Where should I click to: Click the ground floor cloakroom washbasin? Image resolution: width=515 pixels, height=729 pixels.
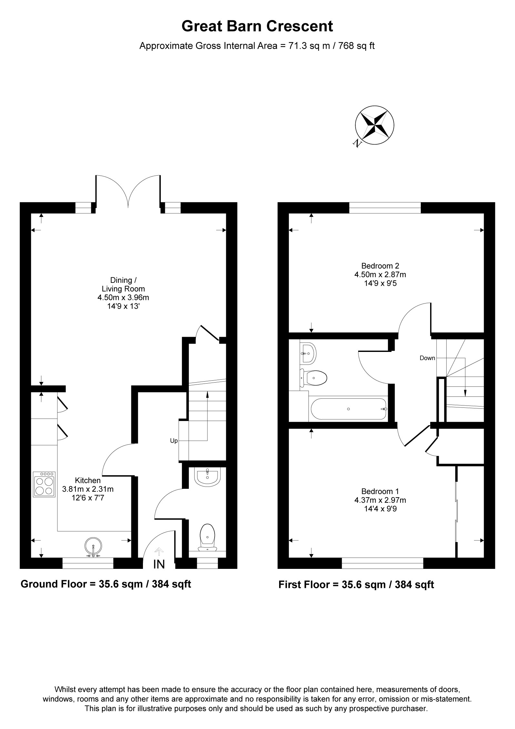(208, 477)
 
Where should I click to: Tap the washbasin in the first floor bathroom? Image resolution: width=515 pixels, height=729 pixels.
(308, 353)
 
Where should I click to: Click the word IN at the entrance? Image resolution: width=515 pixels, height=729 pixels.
(159, 564)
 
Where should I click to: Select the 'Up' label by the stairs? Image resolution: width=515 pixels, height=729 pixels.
(174, 441)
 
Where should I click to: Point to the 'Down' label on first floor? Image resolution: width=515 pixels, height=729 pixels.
(427, 358)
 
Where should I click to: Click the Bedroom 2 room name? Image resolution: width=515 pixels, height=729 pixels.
(380, 266)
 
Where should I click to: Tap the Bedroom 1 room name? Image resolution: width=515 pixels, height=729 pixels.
(380, 491)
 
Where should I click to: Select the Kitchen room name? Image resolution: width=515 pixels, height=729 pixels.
(88, 480)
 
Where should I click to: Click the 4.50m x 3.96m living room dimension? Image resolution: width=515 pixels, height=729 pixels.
(123, 297)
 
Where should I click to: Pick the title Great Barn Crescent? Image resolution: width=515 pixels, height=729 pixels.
(257, 26)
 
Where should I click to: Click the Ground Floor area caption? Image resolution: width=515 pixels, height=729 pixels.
(106, 584)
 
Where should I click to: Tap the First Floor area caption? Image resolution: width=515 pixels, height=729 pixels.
(356, 585)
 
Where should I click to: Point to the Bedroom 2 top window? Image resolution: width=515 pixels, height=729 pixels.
(385, 208)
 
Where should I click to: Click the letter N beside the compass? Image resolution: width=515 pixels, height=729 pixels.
(357, 143)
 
